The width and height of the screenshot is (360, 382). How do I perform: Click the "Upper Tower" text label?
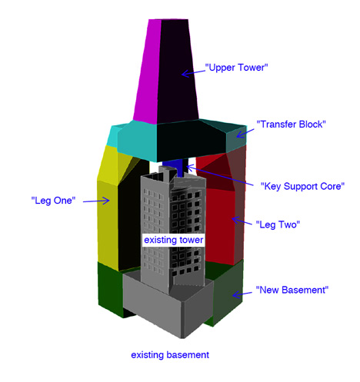click(x=236, y=68)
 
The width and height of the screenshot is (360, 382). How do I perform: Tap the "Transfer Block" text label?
click(x=291, y=125)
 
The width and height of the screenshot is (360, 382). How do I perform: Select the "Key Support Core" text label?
click(x=302, y=186)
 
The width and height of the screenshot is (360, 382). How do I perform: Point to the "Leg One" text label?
click(x=53, y=200)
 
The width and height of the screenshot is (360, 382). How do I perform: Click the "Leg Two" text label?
click(x=278, y=224)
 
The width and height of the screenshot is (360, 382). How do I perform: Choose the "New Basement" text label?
click(x=292, y=290)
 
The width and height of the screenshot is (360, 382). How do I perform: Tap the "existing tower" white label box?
click(x=174, y=240)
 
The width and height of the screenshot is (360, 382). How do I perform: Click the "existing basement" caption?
click(x=170, y=355)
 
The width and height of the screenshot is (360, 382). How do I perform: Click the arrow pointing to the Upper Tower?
click(x=194, y=72)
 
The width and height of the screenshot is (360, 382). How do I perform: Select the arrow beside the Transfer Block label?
click(x=245, y=134)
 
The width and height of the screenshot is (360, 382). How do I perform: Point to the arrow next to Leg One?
click(x=96, y=201)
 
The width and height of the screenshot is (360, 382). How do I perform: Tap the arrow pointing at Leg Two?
click(x=242, y=221)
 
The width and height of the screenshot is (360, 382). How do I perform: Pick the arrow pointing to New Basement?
click(x=242, y=294)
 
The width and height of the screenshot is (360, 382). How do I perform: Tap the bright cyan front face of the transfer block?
click(x=137, y=142)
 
